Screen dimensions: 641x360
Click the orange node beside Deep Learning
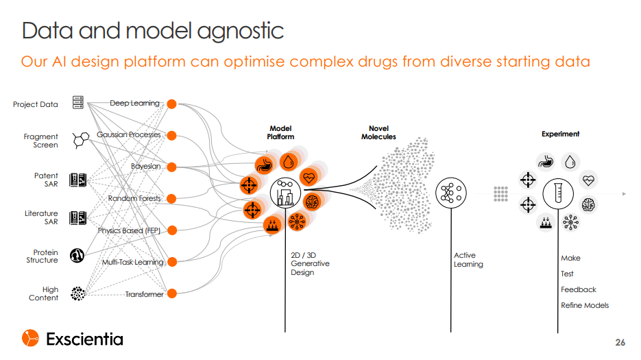click(171, 104)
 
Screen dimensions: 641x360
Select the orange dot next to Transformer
click(171, 293)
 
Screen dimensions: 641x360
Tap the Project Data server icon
click(78, 102)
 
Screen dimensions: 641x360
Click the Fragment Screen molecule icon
click(81, 140)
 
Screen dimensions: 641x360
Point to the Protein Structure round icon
click(77, 256)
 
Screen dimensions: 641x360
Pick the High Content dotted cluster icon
click(77, 293)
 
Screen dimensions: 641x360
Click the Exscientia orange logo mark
click(30, 338)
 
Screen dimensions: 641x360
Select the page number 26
click(620, 342)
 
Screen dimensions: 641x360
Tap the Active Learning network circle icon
click(451, 193)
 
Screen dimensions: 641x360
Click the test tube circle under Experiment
click(558, 193)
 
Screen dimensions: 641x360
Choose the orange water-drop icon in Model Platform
click(288, 162)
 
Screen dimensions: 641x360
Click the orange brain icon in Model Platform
click(312, 202)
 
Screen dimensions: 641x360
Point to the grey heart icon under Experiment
click(588, 180)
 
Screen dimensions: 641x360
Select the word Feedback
click(579, 289)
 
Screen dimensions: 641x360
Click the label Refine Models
click(585, 305)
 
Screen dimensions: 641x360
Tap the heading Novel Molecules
click(378, 132)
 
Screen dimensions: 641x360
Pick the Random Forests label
click(134, 198)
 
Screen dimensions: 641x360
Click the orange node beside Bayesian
click(171, 167)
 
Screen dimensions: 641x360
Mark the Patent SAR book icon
click(77, 180)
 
